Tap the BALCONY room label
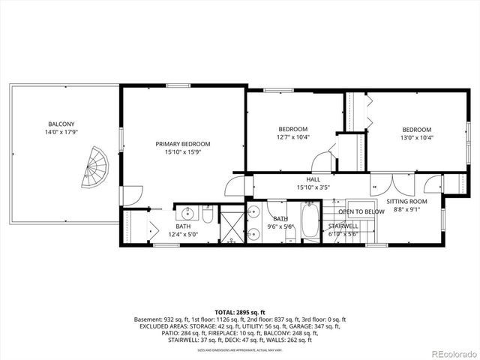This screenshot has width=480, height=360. click(61, 124)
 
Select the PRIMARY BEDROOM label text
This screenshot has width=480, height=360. click(182, 144)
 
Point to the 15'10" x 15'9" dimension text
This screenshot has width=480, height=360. click(182, 152)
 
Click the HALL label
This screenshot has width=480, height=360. click(313, 179)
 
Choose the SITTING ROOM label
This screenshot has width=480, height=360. click(406, 202)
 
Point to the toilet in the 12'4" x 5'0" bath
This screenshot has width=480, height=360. click(209, 211)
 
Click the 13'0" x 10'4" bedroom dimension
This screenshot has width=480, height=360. click(416, 138)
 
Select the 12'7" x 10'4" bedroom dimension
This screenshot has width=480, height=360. click(293, 137)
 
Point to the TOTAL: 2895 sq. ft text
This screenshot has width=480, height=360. click(239, 311)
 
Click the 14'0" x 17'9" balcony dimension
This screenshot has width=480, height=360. click(61, 133)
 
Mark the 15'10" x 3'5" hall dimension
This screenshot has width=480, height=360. click(313, 187)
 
